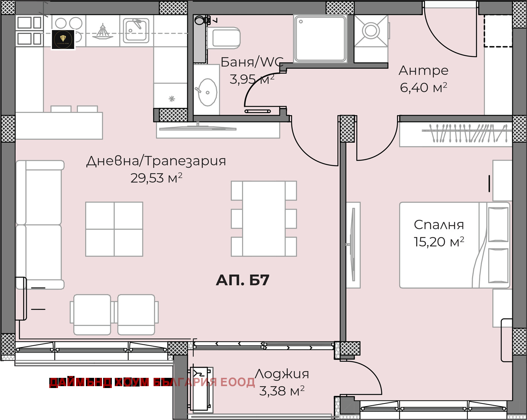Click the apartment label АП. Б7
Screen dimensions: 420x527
pyautogui.click(x=242, y=280)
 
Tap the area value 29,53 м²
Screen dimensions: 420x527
pyautogui.click(x=156, y=178)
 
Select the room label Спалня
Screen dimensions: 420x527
pyautogui.click(x=439, y=225)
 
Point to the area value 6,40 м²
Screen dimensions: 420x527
pyautogui.click(x=423, y=87)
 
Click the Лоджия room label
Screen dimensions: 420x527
pyautogui.click(x=282, y=374)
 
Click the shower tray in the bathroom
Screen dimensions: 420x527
pyautogui.click(x=320, y=38)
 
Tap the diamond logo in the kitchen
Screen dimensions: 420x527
pyautogui.click(x=63, y=39)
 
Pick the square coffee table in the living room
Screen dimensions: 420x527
pyautogui.click(x=114, y=229)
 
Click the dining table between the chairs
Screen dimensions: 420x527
pyautogui.click(x=263, y=219)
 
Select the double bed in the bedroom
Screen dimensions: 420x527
pyautogui.click(x=454, y=245)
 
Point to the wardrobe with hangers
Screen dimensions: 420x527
pyautogui.click(x=455, y=134)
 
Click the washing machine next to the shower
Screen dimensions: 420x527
pyautogui.click(x=371, y=31)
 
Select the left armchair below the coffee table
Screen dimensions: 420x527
pyautogui.click(x=92, y=315)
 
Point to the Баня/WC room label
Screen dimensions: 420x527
pyautogui.click(x=251, y=62)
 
